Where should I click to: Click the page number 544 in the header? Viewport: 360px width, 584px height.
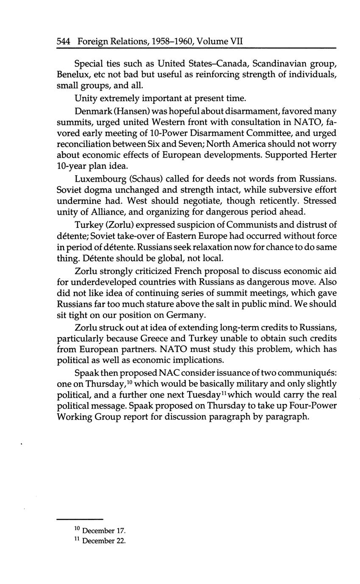pyautogui.click(x=64, y=42)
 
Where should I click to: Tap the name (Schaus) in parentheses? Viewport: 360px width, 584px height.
pyautogui.click(x=147, y=177)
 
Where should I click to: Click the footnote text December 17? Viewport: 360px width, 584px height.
pyautogui.click(x=104, y=531)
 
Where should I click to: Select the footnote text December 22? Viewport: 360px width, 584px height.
pyautogui.click(x=104, y=541)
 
